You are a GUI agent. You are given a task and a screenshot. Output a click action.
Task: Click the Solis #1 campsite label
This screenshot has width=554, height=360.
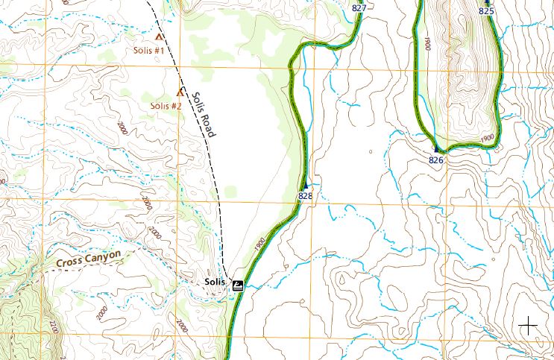point(148,51)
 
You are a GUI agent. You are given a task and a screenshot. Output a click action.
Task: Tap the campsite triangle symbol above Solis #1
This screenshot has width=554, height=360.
point(158,36)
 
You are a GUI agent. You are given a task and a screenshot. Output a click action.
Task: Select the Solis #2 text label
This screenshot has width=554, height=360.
point(166,106)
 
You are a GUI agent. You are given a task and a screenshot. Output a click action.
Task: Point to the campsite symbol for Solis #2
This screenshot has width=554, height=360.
point(180,92)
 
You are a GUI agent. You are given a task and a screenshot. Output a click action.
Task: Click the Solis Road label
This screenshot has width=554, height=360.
point(202,115)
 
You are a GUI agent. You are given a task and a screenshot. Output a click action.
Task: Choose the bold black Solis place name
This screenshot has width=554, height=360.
point(215,282)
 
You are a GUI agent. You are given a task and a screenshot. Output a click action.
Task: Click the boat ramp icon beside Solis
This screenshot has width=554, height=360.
point(237,284)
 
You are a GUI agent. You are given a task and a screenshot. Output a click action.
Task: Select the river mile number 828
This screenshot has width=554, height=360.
point(305,196)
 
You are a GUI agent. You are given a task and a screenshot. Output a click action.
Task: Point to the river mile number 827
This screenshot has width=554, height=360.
point(359,8)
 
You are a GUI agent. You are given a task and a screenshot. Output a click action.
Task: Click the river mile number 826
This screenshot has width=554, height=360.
point(437,160)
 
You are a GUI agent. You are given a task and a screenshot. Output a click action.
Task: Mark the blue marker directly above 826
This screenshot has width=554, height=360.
point(436,149)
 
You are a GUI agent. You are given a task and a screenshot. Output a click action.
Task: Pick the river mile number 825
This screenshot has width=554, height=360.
point(486,11)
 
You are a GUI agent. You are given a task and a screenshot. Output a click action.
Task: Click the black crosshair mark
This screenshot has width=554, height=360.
point(528,325)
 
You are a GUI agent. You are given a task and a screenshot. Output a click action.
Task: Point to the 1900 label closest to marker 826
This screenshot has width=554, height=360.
point(488,139)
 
